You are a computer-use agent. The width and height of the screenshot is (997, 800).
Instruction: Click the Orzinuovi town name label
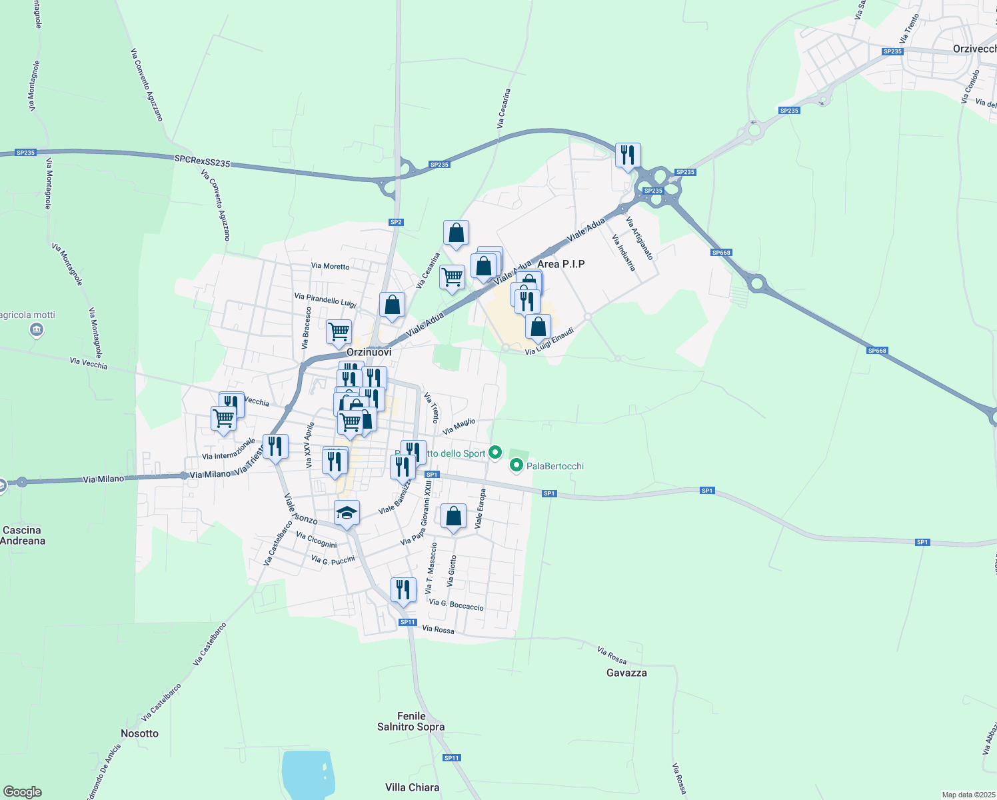coord(369,352)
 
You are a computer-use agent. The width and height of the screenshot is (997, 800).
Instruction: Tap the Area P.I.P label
coord(561,264)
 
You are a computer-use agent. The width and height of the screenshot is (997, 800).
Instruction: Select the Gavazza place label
coord(626,673)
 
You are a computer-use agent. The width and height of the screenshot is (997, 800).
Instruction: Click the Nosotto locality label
coord(140,733)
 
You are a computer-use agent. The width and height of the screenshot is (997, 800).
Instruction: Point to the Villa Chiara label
coord(412,787)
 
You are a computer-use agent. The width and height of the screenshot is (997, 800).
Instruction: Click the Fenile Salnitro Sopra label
coord(411,721)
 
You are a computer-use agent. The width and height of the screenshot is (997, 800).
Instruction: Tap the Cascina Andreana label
coord(23,535)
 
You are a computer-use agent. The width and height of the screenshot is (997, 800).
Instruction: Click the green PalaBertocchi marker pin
coord(516,465)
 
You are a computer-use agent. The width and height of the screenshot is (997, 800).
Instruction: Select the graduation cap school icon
coord(347,513)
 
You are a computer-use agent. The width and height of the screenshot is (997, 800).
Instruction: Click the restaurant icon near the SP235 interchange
coord(628,155)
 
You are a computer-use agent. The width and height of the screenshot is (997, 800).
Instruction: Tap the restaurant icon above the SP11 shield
coord(403,590)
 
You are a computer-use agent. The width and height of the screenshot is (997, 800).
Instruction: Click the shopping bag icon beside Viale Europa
coord(453,517)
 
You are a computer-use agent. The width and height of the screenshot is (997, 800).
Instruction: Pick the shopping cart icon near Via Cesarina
coord(453,277)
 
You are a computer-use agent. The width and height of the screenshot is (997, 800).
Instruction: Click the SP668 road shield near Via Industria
coord(721,253)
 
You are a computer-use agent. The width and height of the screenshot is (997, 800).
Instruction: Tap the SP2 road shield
coord(396,222)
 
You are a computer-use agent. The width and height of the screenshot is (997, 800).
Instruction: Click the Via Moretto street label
coord(330,266)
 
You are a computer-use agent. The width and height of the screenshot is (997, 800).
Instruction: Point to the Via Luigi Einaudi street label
coord(549,341)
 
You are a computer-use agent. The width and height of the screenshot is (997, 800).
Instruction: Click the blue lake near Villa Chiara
coord(307,773)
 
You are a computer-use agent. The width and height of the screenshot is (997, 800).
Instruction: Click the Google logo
coord(22,792)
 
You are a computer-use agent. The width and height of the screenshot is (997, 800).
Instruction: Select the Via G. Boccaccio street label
coord(456,605)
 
